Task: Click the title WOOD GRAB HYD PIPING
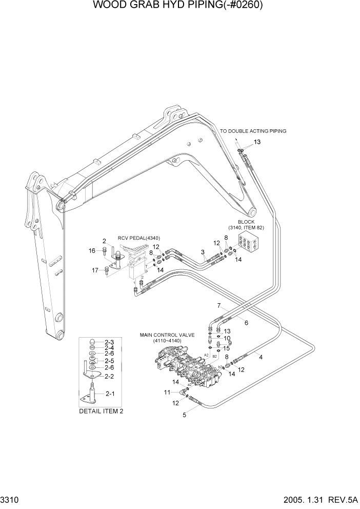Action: pos(180,6)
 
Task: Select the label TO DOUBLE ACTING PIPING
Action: pos(253,131)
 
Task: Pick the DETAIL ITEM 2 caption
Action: pos(101,411)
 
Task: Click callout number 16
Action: pos(92,251)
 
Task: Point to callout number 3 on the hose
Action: pos(203,252)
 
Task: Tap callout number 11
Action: pos(167,393)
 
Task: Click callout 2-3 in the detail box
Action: pos(109,342)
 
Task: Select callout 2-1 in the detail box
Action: pos(110,394)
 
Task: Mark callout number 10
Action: pos(227,338)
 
